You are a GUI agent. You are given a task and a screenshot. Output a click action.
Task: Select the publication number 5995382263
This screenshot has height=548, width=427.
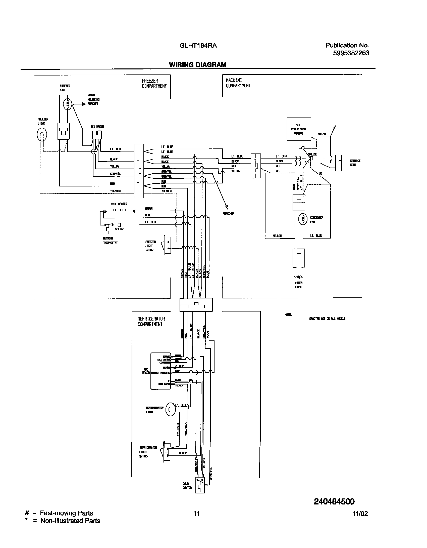[351, 53]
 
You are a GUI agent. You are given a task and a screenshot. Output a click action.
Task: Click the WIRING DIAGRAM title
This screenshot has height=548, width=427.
[198, 65]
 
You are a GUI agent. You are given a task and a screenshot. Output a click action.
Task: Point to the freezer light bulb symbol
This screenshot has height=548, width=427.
[42, 136]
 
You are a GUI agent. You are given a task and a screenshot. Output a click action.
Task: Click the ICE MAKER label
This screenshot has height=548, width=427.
[97, 127]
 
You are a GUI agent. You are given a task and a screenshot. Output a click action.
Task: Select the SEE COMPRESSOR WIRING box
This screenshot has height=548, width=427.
[299, 129]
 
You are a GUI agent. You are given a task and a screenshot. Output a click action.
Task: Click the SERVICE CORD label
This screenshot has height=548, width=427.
[355, 163]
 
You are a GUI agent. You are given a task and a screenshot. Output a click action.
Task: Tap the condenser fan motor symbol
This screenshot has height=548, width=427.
[303, 219]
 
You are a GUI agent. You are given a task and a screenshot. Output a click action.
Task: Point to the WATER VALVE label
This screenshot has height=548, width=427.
[299, 285]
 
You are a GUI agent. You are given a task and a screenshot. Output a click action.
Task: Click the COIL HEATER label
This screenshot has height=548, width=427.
[119, 204]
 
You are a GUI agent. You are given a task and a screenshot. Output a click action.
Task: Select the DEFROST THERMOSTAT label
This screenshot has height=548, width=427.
[110, 241]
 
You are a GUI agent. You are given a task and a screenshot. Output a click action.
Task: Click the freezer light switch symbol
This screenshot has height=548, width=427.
[168, 245]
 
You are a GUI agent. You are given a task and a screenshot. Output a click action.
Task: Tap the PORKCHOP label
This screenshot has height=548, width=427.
[228, 214]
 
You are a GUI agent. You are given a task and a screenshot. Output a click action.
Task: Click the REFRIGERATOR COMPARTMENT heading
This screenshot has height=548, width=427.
[151, 322]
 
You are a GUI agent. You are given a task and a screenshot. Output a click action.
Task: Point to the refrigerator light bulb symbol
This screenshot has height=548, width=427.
[171, 409]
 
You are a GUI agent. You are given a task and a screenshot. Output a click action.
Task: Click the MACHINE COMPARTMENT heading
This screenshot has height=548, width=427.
[238, 83]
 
